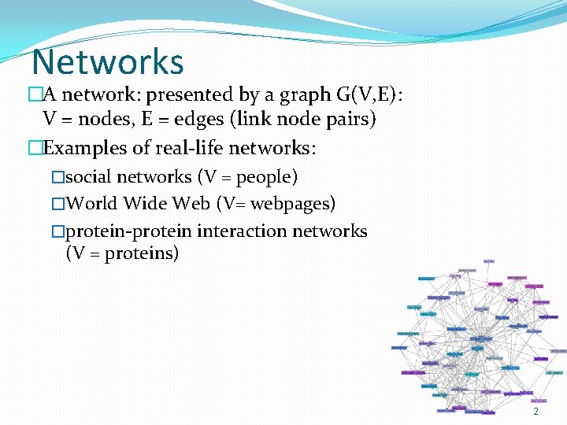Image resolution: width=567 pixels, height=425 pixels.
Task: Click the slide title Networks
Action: point(108,63)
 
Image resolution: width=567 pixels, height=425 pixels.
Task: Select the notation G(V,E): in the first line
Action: point(369,96)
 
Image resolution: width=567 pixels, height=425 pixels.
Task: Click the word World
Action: point(91,204)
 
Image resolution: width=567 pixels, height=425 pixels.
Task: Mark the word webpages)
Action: point(293,204)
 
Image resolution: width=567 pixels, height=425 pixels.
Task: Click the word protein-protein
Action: point(129,231)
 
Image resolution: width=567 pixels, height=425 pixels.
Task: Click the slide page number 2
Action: point(535,412)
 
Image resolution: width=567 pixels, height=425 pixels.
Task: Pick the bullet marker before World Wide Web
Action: point(57,204)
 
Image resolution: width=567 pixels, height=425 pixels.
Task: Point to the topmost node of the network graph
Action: point(488,261)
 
